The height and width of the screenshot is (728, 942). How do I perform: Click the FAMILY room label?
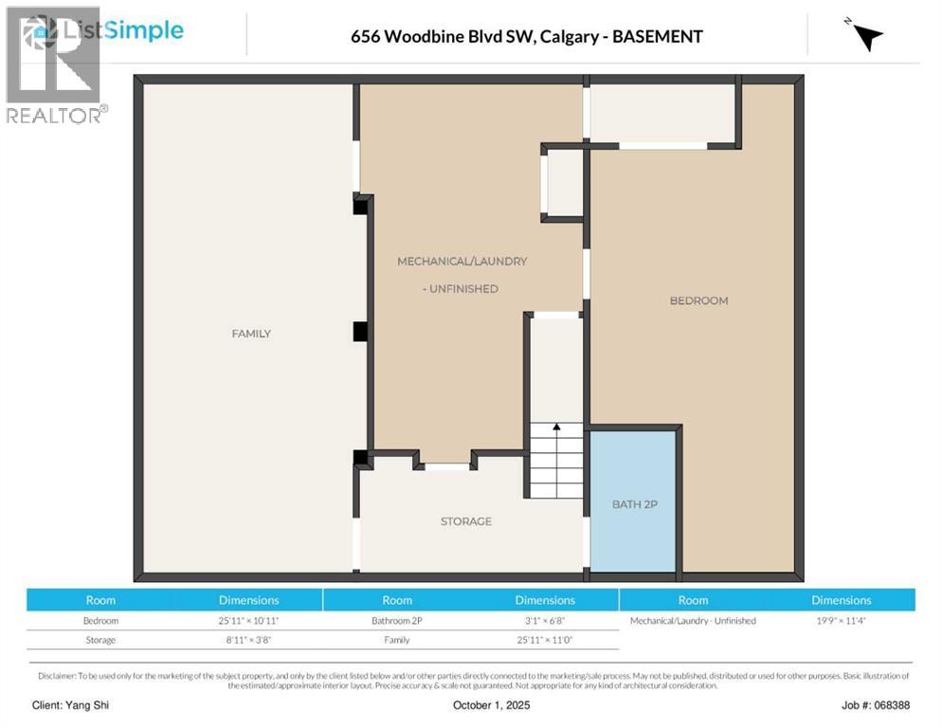tap(251, 334)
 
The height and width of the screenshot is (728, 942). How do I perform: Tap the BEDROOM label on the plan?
tap(698, 300)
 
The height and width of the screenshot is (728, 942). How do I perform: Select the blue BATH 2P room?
tap(633, 503)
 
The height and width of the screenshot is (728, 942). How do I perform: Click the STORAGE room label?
tap(465, 521)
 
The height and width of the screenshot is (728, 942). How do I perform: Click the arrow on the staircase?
tap(556, 428)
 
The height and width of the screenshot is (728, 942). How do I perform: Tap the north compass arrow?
tap(866, 36)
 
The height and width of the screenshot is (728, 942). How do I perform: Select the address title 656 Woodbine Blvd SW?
tap(526, 37)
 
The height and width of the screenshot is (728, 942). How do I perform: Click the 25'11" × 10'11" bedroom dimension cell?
tap(248, 621)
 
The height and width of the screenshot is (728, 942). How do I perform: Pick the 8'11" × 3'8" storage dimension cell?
tap(248, 640)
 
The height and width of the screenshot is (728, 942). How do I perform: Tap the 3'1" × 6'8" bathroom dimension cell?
tap(544, 621)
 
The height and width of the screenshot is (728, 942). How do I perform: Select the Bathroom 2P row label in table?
tap(397, 621)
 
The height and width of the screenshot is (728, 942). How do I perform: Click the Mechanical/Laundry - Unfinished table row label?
tap(693, 621)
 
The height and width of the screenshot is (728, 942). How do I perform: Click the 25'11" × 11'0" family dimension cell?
tap(544, 640)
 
